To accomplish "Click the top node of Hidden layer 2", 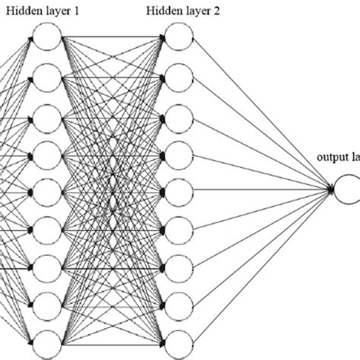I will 178,38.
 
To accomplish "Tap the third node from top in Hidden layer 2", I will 178,115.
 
